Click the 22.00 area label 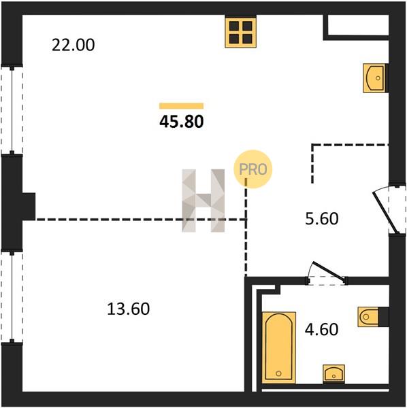coord(74,45)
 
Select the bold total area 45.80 coord(182,122)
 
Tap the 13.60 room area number coord(129,309)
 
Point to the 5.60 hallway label coord(322,218)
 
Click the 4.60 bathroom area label coord(322,329)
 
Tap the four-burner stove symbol coord(241,32)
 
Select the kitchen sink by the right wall coord(375,78)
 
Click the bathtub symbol coord(279,347)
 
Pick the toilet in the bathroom coord(368,317)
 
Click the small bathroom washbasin coord(333,373)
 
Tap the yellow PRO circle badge coord(253,169)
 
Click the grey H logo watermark coord(203,201)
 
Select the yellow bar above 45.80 coord(182,106)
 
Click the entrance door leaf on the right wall coord(386,213)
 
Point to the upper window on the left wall coord(12,109)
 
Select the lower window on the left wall coord(12,297)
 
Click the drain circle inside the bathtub coord(278,373)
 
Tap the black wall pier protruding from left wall coord(29,207)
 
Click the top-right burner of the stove coord(247,26)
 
